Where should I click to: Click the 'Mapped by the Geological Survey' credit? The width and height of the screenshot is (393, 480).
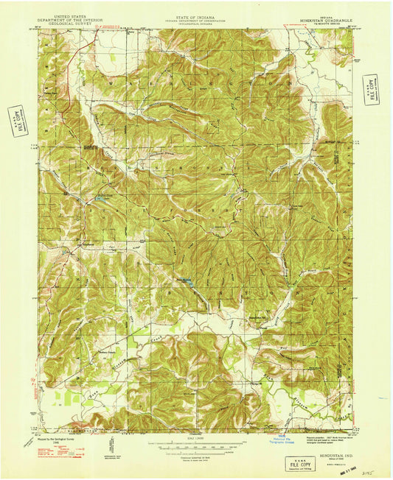55,439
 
